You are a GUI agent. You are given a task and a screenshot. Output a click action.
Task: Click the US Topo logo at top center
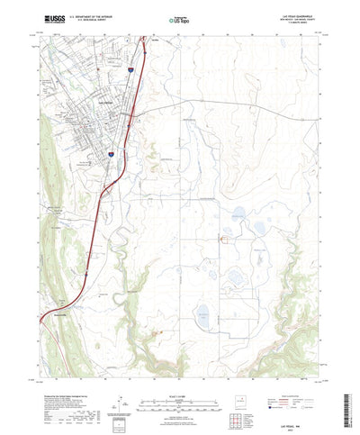(179, 17)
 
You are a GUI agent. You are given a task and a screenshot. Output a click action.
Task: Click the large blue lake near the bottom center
(202, 313)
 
